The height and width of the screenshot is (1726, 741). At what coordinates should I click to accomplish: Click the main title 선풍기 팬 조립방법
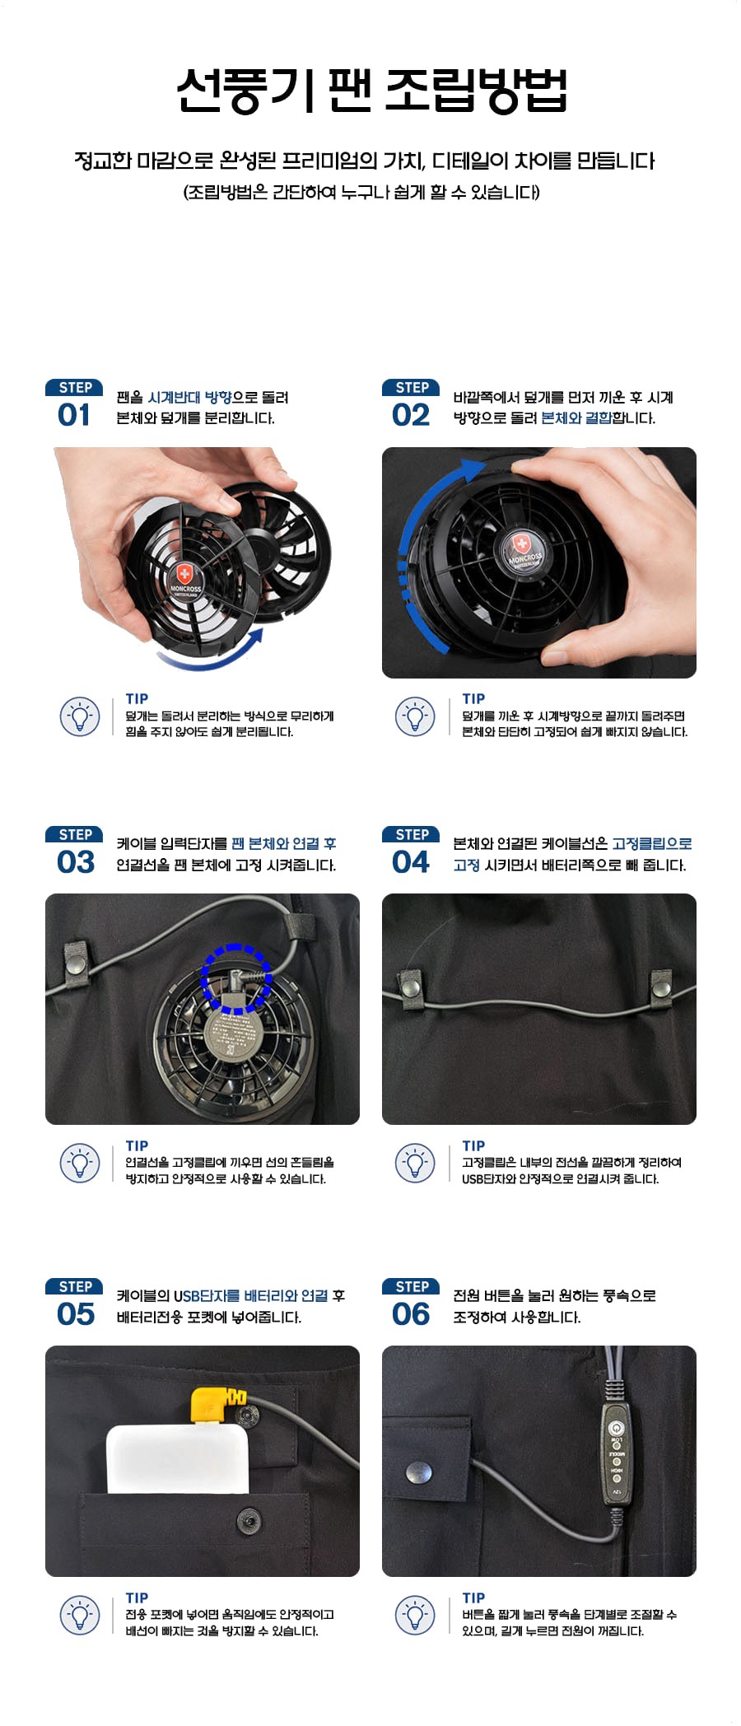(x=372, y=90)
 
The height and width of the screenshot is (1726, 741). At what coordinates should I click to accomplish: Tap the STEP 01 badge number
(x=74, y=415)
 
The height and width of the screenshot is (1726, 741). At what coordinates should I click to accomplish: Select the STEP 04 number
(x=411, y=862)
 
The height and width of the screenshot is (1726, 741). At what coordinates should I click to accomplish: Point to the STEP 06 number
(x=411, y=1314)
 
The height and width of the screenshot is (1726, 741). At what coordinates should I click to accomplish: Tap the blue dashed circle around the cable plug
(x=236, y=978)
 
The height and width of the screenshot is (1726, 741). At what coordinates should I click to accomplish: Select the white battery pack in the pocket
(x=178, y=1458)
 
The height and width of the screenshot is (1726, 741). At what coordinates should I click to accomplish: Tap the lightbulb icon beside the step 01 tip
(x=80, y=716)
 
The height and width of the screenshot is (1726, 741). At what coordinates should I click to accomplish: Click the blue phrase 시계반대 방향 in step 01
(x=189, y=398)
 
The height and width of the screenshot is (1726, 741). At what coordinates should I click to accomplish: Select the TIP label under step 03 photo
(x=137, y=1145)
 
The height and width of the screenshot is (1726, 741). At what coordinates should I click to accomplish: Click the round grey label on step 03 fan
(x=236, y=1034)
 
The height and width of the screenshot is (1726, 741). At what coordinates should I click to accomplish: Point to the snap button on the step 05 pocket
(x=248, y=1517)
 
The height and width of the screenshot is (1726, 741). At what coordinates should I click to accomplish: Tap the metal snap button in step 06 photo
(x=419, y=1472)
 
